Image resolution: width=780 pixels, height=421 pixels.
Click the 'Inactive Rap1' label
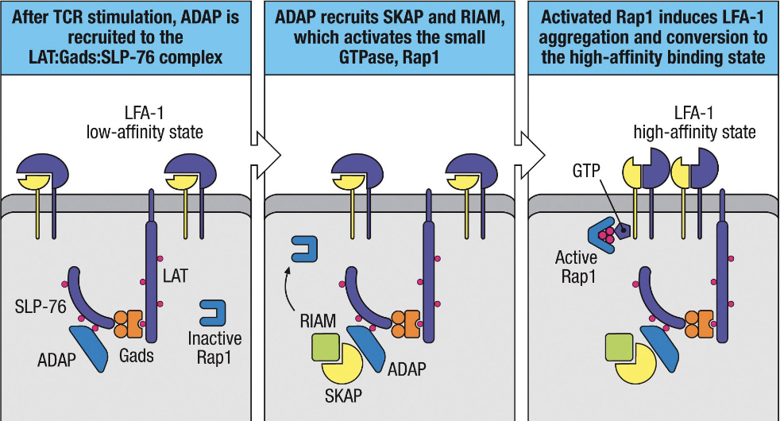(215, 346)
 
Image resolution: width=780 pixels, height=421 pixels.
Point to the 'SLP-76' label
(38, 307)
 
